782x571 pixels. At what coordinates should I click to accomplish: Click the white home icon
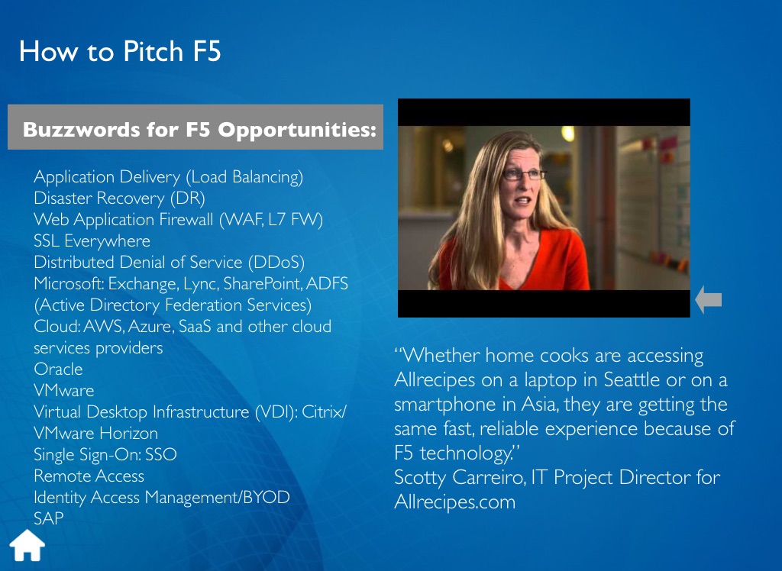click(x=27, y=545)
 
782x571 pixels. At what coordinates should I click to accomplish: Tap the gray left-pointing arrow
click(x=708, y=300)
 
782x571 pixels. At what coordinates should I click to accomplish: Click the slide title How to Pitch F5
click(x=120, y=51)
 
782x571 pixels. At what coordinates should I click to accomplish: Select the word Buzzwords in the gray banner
click(x=82, y=129)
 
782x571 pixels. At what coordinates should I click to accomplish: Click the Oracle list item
click(x=58, y=369)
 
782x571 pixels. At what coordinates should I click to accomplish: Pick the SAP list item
click(x=49, y=518)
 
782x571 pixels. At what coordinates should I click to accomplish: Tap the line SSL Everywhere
click(x=92, y=241)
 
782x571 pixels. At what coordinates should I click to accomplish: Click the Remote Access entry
click(x=89, y=476)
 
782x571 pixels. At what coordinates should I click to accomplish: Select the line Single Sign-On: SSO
click(x=105, y=454)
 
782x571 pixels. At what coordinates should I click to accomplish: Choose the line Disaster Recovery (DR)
click(x=120, y=198)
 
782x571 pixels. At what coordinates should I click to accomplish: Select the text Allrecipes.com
click(x=455, y=502)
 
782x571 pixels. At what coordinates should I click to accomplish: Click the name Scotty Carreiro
click(x=460, y=477)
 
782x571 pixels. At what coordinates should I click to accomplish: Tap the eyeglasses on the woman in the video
click(x=524, y=175)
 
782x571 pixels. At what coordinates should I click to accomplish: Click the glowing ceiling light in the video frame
click(x=568, y=133)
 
